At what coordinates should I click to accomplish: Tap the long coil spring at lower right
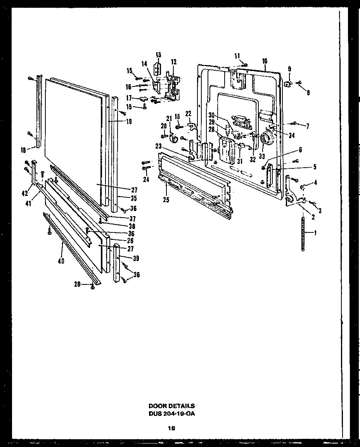point(304,234)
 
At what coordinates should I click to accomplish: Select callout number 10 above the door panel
point(265,61)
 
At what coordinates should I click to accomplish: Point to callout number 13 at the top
point(158,55)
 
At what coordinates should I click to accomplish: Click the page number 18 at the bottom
point(171,428)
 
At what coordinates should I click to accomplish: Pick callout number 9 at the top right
point(289,69)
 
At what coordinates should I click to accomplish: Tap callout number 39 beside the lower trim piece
point(136,258)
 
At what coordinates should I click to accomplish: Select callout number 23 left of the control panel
point(159,146)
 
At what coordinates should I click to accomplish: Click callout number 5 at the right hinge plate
point(315,167)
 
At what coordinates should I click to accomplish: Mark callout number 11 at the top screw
point(237,56)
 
